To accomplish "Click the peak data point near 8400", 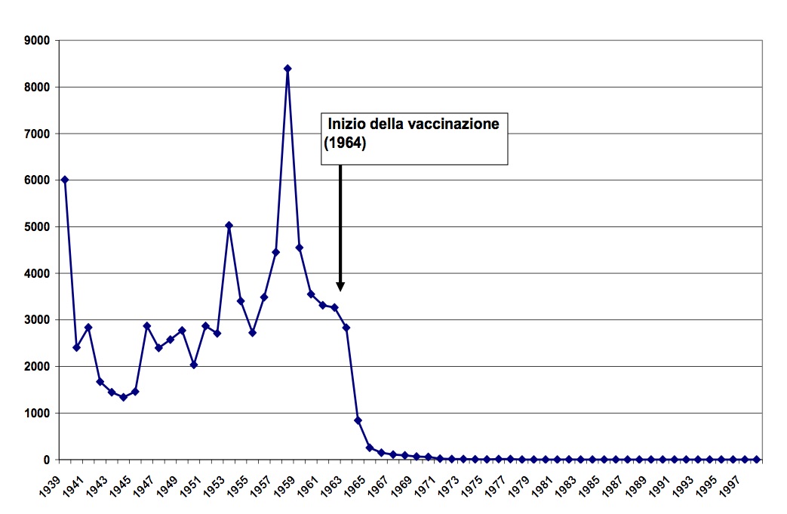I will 287,69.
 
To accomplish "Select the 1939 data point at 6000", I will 65,180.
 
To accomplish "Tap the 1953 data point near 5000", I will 229,225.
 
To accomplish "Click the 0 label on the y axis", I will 45,460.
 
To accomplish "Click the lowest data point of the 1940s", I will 124,397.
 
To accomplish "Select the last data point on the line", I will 756,459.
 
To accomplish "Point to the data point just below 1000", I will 358,420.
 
